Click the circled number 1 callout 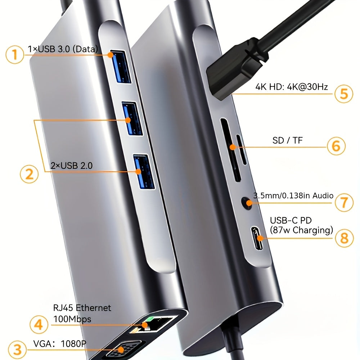click(15, 54)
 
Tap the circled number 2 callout click(29, 174)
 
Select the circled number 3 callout click(17, 350)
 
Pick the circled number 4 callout click(39, 324)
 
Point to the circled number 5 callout click(344, 94)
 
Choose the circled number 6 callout click(336, 146)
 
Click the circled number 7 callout click(344, 202)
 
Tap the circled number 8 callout click(344, 238)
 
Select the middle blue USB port click(132, 118)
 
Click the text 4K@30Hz click(307, 87)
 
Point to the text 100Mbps click(72, 319)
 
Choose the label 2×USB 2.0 click(71, 166)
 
